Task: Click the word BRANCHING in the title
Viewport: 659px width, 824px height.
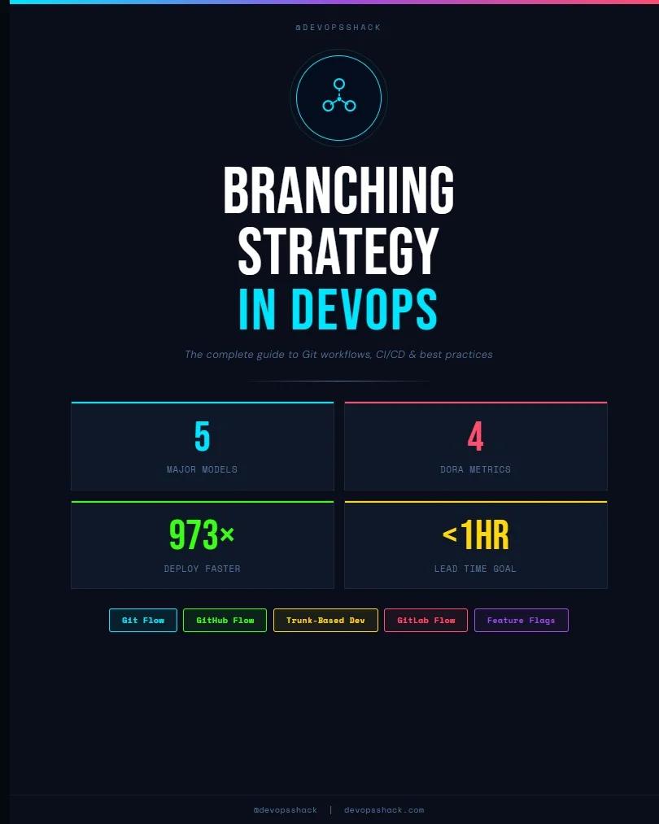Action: [338, 190]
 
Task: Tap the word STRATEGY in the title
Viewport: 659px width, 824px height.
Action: [338, 251]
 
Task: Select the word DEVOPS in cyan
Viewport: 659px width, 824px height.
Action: [364, 310]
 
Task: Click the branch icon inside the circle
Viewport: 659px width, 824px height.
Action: [338, 97]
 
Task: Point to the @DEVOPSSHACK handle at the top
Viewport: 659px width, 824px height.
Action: [338, 28]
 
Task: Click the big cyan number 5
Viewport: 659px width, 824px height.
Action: [202, 437]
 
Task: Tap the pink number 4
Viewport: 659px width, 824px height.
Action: [475, 437]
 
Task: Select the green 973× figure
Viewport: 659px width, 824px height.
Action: [202, 535]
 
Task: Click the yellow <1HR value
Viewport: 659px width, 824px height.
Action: [475, 535]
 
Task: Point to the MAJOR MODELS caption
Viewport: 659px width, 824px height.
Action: [202, 469]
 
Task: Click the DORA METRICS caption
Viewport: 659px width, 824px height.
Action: [475, 469]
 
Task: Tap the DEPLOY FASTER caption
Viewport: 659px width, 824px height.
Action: [202, 569]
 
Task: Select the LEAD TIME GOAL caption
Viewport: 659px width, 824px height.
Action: [475, 569]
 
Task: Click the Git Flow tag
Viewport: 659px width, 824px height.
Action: [143, 620]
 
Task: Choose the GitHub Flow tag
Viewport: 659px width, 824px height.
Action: [225, 620]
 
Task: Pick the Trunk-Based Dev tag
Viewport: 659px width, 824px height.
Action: [325, 620]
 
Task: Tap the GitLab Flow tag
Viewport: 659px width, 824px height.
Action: [426, 620]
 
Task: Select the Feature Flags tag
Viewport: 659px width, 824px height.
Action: [521, 620]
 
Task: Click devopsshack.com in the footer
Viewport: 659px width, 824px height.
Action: [384, 810]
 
